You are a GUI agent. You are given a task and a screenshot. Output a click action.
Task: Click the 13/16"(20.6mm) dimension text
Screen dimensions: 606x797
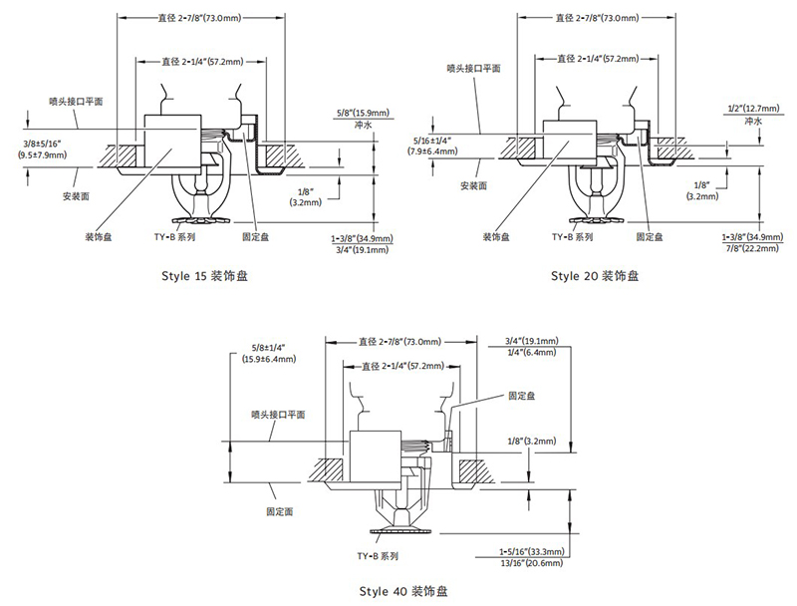(x=531, y=564)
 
